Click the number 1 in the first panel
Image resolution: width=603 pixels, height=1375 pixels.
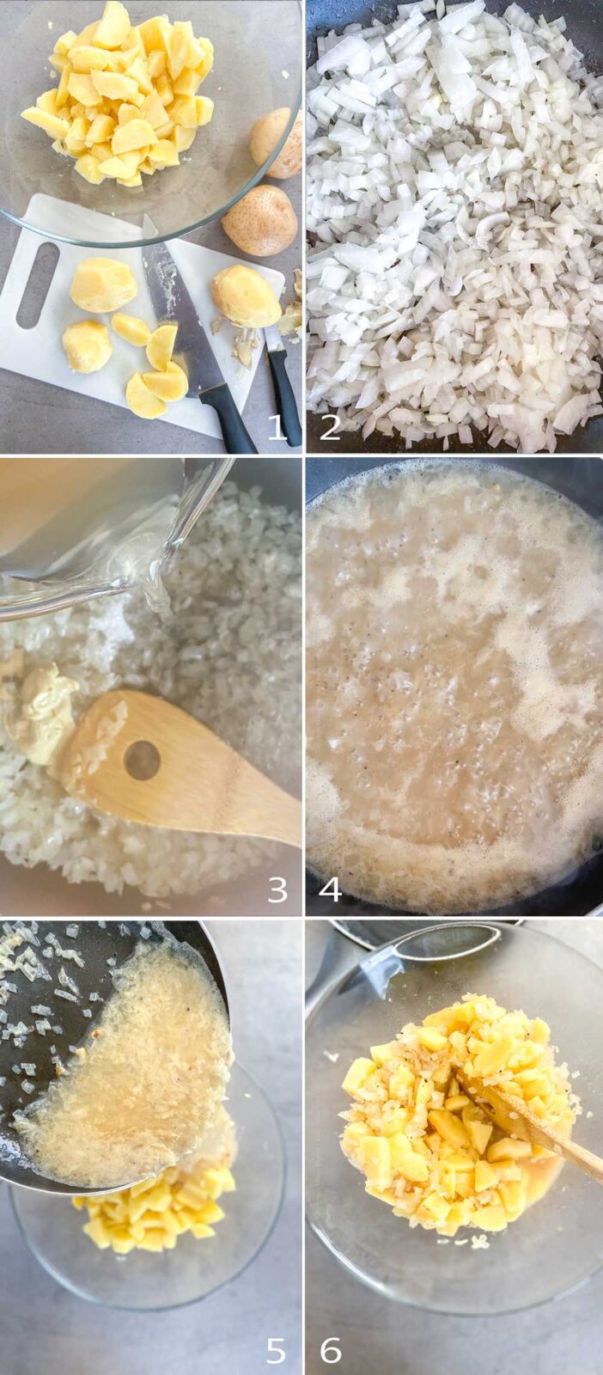[278, 426]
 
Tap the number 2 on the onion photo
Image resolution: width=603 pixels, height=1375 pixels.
[329, 426]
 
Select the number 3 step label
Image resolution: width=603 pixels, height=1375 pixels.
[277, 889]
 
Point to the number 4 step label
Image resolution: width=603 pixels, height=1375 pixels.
[329, 889]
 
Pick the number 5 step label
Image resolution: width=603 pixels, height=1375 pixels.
[276, 1350]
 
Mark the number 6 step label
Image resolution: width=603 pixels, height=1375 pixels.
[331, 1350]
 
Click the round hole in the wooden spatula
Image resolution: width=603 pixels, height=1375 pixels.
[142, 760]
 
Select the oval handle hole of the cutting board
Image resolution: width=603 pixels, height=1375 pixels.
[38, 284]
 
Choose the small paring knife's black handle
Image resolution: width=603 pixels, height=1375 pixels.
[285, 393]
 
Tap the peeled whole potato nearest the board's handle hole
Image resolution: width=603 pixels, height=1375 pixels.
[103, 284]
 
